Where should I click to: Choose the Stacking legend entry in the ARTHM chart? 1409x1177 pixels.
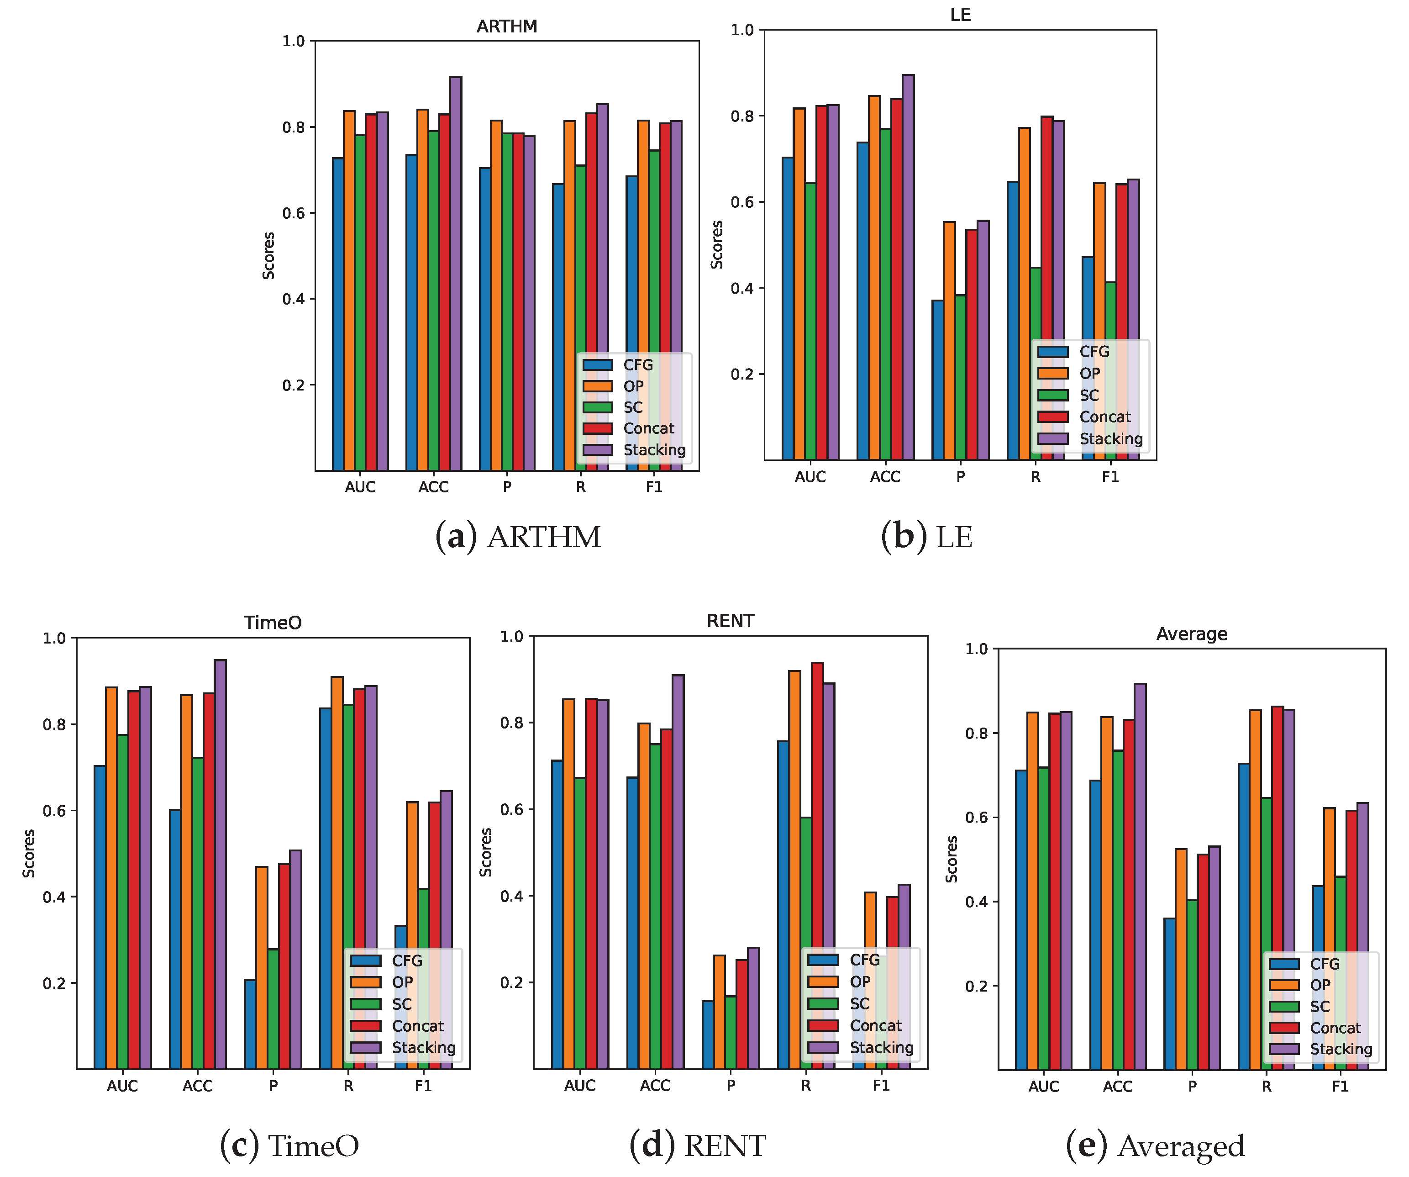pyautogui.click(x=654, y=449)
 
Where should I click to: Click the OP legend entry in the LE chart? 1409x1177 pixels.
pyautogui.click(x=1090, y=373)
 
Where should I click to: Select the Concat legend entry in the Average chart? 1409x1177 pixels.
pyautogui.click(x=1335, y=1028)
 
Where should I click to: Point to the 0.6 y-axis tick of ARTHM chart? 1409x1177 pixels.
pyautogui.click(x=293, y=213)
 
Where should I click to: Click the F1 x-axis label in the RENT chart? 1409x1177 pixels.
pyautogui.click(x=881, y=1086)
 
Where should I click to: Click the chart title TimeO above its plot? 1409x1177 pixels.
pyautogui.click(x=273, y=623)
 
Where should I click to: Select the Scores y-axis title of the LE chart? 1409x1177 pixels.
pyautogui.click(x=716, y=245)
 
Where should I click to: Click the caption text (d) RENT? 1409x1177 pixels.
pyautogui.click(x=698, y=1145)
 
